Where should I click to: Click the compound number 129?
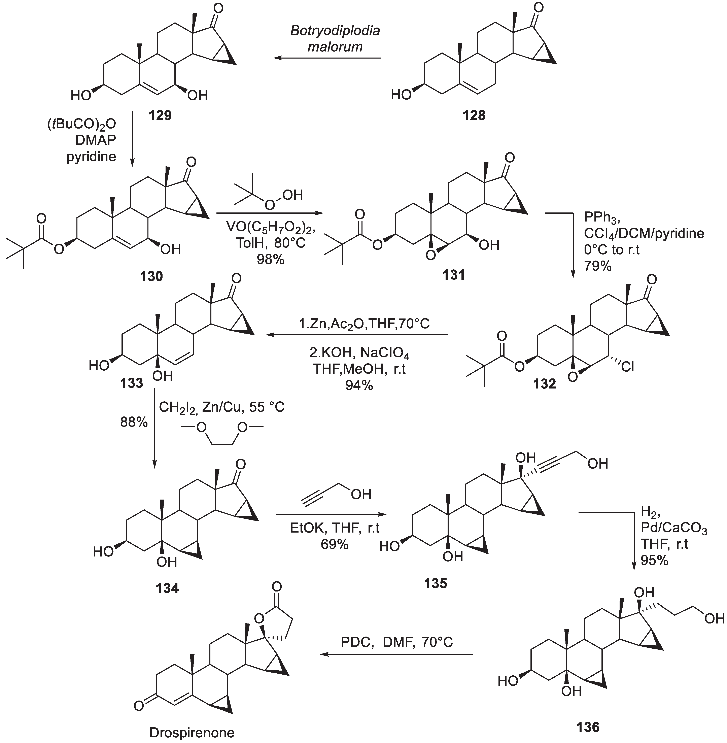[x=160, y=115]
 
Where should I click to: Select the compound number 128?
[x=474, y=115]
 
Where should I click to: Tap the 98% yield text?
[x=270, y=260]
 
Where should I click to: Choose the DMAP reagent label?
[x=96, y=140]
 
